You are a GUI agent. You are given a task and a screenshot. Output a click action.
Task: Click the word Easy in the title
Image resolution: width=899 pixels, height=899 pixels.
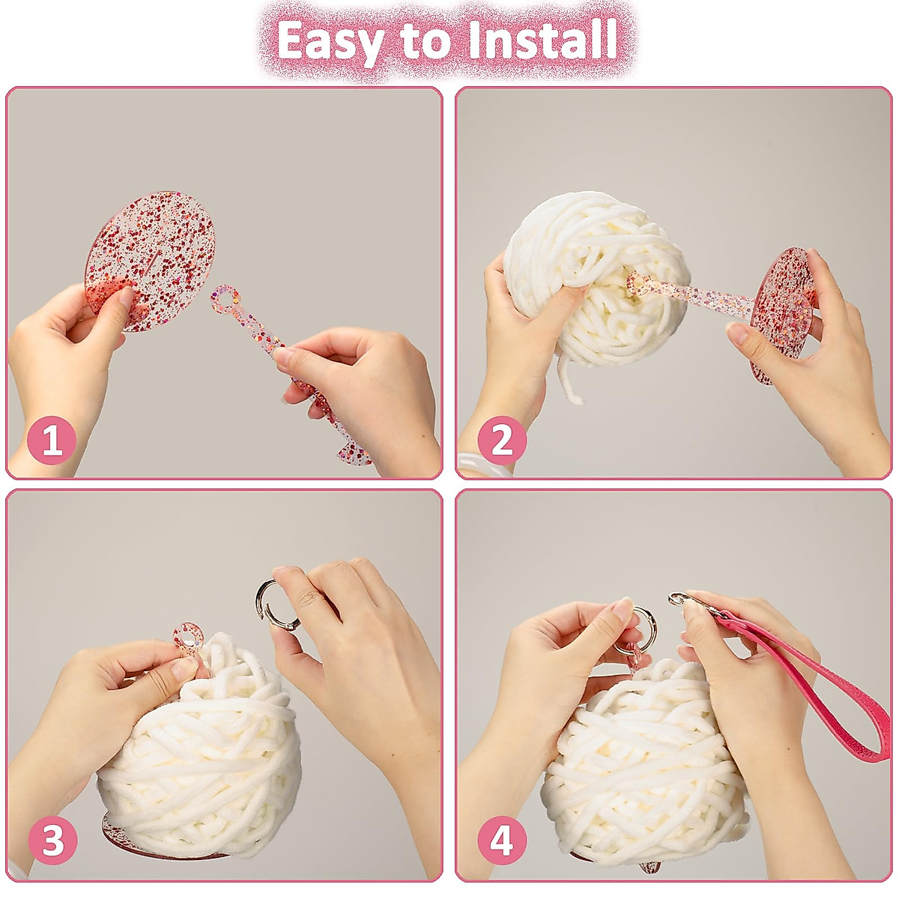click(331, 43)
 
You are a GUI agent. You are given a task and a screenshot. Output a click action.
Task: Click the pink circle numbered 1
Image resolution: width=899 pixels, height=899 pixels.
click(52, 440)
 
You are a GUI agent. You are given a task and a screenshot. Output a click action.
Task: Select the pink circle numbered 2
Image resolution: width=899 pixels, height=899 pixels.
click(502, 440)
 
